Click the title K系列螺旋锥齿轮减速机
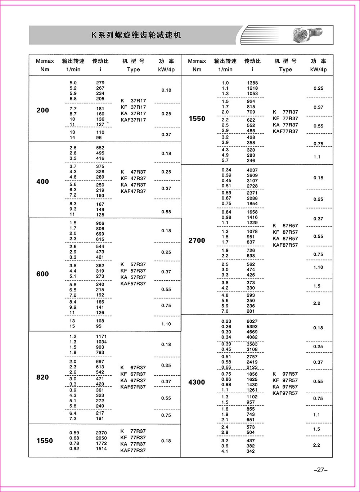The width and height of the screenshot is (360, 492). tap(136, 35)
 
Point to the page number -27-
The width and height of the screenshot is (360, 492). tap(320, 470)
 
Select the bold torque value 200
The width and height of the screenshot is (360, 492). tap(42, 110)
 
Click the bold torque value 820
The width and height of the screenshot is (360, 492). tap(42, 377)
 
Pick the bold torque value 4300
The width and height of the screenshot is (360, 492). tap(197, 382)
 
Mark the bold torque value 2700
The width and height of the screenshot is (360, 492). tap(197, 240)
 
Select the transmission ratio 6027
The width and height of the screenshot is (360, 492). tap(252, 321)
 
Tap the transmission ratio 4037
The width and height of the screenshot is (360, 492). tap(252, 170)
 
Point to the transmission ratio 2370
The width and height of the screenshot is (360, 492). tap(101, 433)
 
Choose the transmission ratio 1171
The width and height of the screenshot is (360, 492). tap(101, 336)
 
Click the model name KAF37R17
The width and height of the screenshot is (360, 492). tap(133, 120)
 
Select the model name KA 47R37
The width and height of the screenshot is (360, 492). tap(133, 185)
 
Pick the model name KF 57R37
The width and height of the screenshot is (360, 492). tap(133, 271)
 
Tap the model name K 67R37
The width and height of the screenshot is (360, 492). tap(133, 368)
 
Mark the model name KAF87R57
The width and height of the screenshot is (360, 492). tap(285, 245)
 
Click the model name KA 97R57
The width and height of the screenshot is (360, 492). tap(285, 387)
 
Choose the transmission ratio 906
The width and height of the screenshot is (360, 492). tap(100, 223)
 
